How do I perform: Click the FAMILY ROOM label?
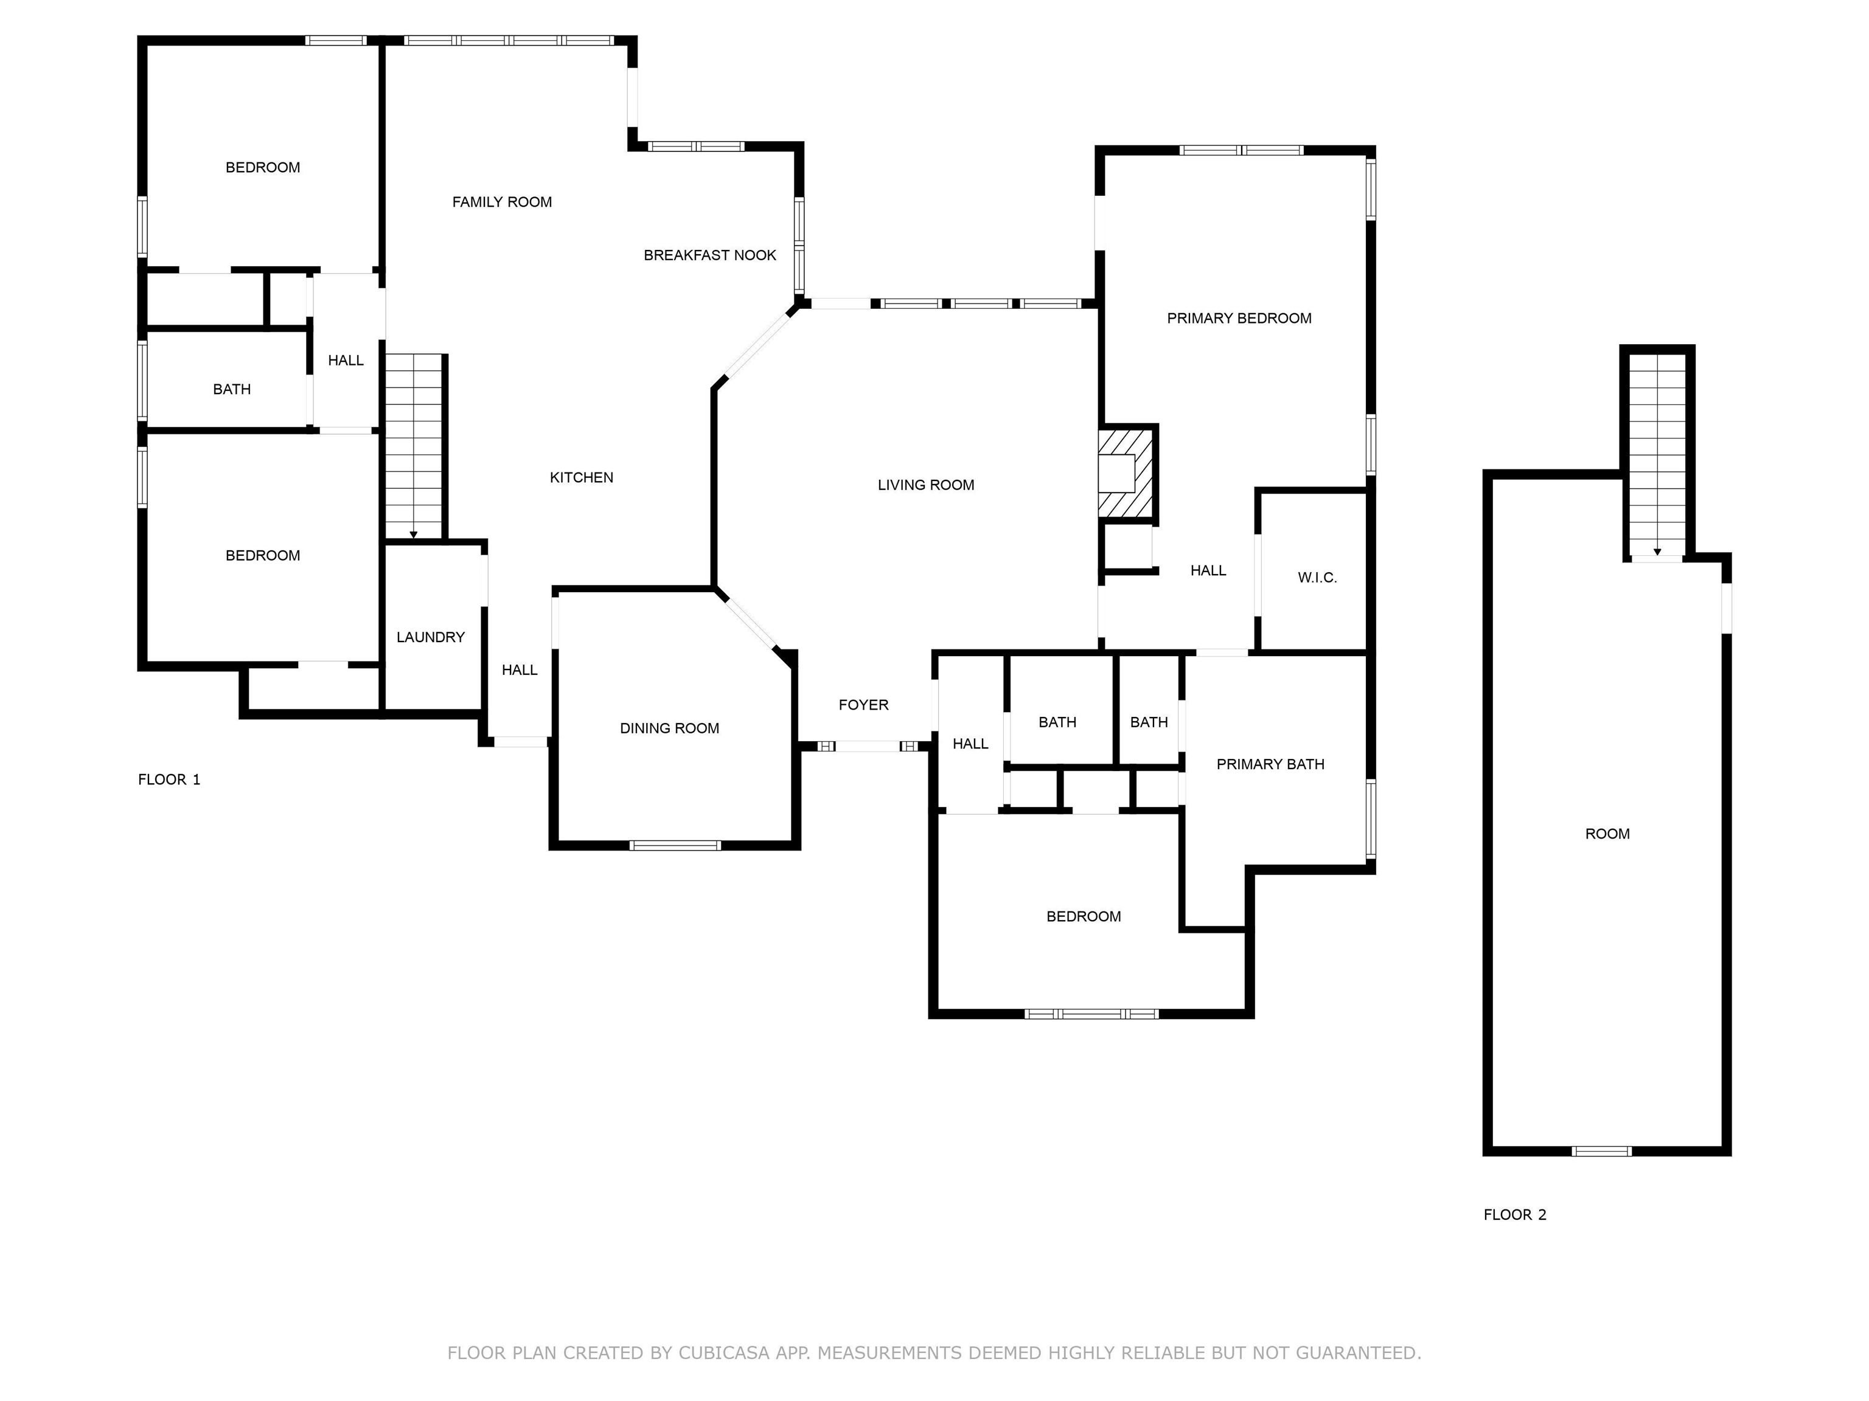click(x=502, y=202)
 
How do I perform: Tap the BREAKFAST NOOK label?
click(x=710, y=255)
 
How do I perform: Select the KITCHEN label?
click(x=581, y=477)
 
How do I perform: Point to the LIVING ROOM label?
click(x=926, y=485)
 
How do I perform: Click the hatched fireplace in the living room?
click(x=1126, y=473)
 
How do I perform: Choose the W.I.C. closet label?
click(x=1317, y=578)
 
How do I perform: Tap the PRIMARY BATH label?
click(x=1270, y=764)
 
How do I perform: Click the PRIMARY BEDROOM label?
click(x=1239, y=319)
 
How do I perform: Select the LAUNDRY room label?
click(x=431, y=637)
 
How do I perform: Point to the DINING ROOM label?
click(x=669, y=728)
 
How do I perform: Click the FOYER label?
click(x=863, y=704)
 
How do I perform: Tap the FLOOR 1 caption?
click(x=169, y=780)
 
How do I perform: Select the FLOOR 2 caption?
click(x=1515, y=1214)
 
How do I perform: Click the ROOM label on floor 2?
click(x=1607, y=834)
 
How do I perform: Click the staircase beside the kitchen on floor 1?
click(x=414, y=446)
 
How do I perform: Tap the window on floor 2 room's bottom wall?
click(x=1601, y=1150)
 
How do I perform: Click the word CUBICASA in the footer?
click(x=723, y=1353)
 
